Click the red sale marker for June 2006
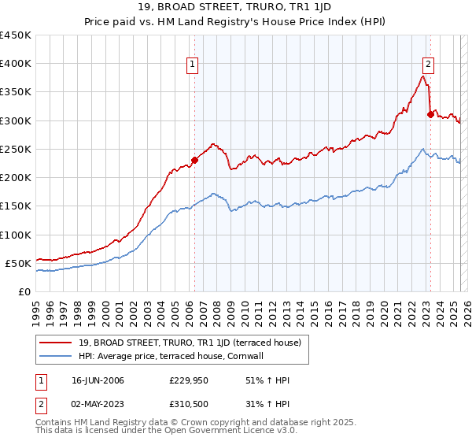pos(194,160)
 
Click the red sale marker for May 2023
pos(430,114)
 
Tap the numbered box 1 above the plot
pos(193,65)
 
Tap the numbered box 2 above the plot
pos(429,65)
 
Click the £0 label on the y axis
pos(24,291)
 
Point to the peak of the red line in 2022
pos(423,76)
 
